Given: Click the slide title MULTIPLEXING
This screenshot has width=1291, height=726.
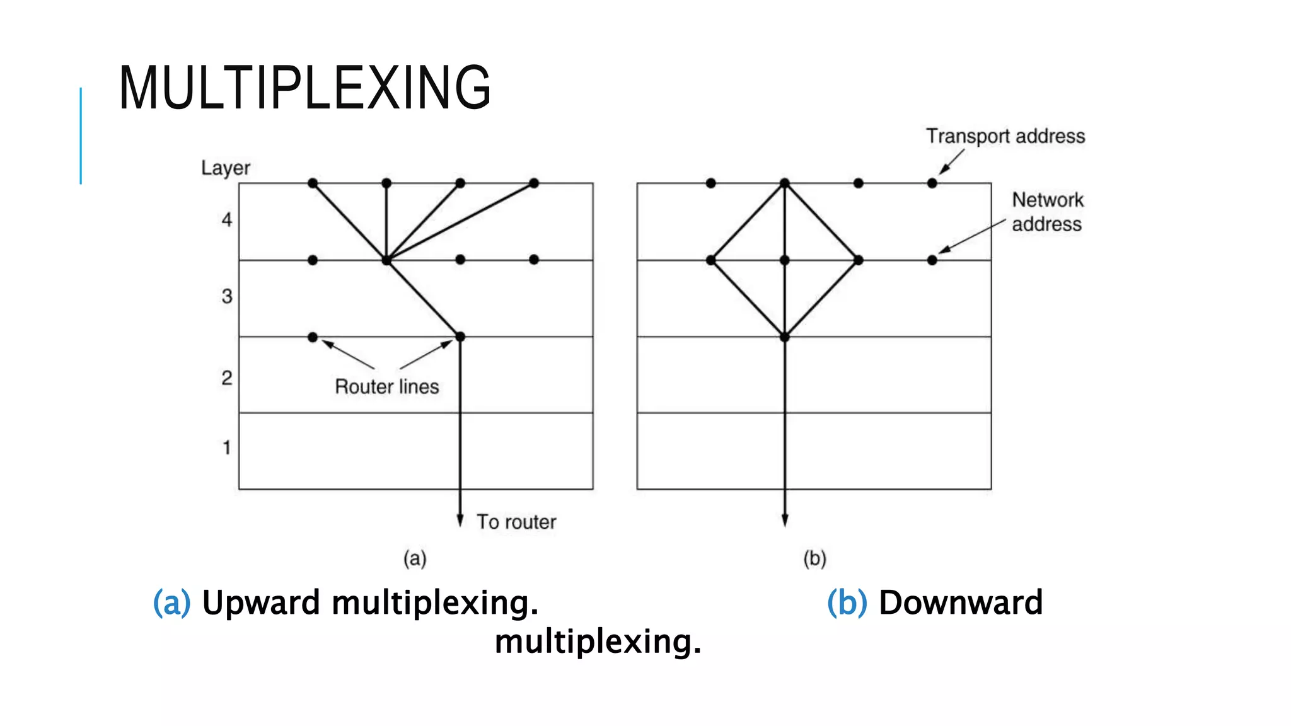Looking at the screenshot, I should click(304, 88).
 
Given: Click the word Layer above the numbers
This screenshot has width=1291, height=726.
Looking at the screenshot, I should click(225, 168).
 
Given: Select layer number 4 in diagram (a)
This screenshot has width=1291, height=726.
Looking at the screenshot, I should click(227, 220).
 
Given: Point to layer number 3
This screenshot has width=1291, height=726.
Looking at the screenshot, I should click(227, 296).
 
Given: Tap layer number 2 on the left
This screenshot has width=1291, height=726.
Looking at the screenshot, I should click(227, 378).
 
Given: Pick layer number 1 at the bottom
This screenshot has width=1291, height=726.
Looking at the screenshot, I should click(226, 448).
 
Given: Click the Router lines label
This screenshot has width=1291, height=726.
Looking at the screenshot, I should click(386, 386).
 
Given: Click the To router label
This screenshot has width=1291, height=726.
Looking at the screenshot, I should click(516, 522).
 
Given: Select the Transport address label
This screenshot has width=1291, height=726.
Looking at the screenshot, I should click(1005, 136).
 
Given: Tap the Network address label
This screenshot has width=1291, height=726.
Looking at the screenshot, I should click(1047, 212).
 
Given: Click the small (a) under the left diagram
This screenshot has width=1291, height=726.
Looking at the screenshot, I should click(415, 558).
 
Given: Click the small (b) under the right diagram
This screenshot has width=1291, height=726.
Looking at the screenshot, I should click(814, 558).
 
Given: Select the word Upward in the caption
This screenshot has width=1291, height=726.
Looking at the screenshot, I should click(261, 602).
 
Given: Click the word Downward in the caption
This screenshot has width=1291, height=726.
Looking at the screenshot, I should click(961, 602).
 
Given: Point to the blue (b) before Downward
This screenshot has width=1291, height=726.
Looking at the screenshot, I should click(847, 602).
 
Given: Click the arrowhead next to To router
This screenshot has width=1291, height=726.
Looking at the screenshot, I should click(460, 521).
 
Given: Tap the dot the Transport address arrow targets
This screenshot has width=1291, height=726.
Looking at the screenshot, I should click(932, 183).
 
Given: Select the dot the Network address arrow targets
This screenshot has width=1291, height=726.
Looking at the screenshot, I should click(932, 260).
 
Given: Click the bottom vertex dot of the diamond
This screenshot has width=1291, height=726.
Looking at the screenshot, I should click(785, 337).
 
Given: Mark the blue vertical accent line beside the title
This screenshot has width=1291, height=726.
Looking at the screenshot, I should click(81, 135).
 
